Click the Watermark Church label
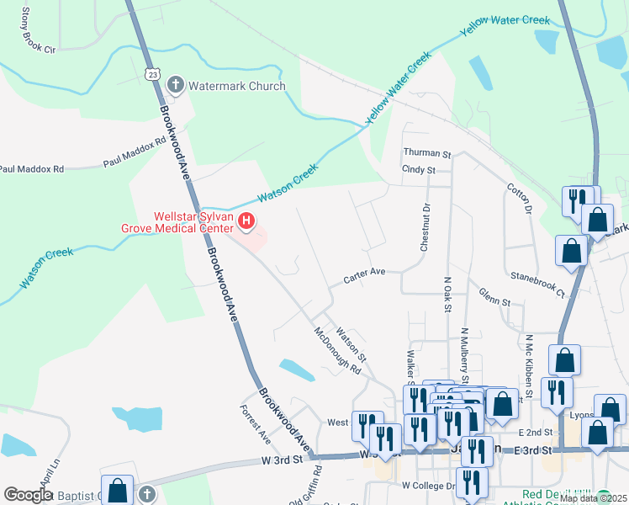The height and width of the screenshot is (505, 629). pyautogui.click(x=236, y=86)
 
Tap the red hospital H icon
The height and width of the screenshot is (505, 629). pyautogui.click(x=246, y=221)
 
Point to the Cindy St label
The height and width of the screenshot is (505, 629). pyautogui.click(x=418, y=170)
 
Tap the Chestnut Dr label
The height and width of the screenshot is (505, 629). pyautogui.click(x=425, y=227)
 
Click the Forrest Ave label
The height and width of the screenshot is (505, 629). pyautogui.click(x=256, y=425)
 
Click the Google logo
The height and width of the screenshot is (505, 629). pyautogui.click(x=28, y=495)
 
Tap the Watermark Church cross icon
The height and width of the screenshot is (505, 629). pyautogui.click(x=176, y=85)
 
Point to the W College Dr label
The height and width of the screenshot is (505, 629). pyautogui.click(x=427, y=486)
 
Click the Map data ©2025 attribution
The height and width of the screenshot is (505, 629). pyautogui.click(x=592, y=498)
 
